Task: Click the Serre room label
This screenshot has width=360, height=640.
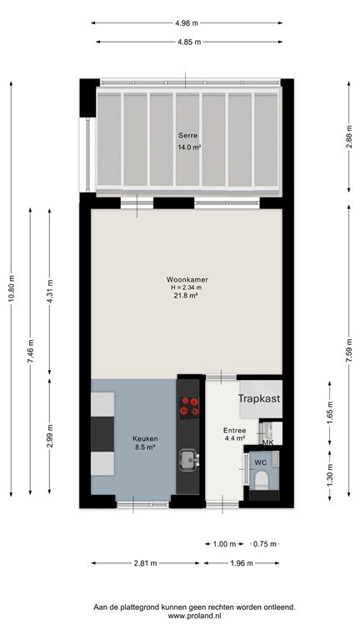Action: pos(188,135)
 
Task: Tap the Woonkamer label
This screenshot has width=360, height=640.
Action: pos(187,280)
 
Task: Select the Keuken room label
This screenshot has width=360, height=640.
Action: pos(145,439)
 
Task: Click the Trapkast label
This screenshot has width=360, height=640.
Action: pos(260,398)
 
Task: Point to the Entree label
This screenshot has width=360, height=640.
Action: pos(234,431)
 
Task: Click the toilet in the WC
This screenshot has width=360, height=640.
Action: pos(261,480)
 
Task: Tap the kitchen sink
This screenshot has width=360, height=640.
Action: pos(189,459)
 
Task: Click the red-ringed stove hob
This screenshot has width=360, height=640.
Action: pos(189,406)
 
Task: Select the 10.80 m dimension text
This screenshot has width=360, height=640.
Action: pos(12,288)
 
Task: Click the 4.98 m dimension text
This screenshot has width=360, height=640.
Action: pos(187,23)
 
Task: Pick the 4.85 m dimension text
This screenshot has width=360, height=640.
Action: pos(189,42)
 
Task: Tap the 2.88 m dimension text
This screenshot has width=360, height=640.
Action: pos(349,137)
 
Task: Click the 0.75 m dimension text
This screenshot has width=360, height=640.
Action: pos(265,544)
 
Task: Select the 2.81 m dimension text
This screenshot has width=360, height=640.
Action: pos(145,563)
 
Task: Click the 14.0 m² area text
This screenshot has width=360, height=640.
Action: pos(188,147)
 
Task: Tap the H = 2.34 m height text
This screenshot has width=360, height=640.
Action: pos(187,287)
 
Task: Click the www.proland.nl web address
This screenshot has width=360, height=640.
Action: pos(194,616)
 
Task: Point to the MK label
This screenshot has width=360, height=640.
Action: pos(267,442)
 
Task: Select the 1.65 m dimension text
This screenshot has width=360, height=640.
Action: pos(330,412)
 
